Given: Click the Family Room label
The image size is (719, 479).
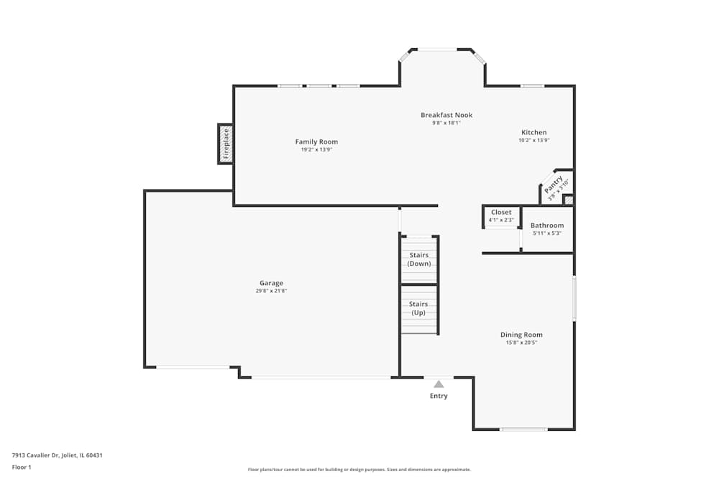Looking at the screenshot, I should coord(316,141).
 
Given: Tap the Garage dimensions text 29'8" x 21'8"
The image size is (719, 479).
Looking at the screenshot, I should coord(271,291).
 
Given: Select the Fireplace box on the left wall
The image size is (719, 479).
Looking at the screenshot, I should coord(225,144).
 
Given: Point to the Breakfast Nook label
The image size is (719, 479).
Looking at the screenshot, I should coord(446,115).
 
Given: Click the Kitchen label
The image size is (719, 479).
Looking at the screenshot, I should coord(533,132).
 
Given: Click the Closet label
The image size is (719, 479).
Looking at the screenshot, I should coord(501,212).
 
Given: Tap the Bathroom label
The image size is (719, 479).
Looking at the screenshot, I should coord(547,225).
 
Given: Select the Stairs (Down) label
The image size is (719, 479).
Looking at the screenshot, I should coord(419,259).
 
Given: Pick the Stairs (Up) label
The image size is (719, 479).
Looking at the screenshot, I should coord(419,308).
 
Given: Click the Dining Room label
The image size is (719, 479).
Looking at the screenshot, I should coord(521,335).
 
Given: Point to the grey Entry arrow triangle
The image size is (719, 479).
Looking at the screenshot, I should coord(439,384).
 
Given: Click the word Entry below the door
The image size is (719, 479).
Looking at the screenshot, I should coord(439,396).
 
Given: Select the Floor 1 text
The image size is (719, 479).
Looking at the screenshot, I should coord(22,467).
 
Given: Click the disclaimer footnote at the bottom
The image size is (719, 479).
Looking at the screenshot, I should coord(359,470).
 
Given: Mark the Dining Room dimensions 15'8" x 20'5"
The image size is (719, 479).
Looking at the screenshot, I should coord(521,343).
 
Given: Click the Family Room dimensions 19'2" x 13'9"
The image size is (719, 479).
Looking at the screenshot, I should coord(316,149).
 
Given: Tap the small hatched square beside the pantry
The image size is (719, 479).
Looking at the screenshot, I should coord(568,200).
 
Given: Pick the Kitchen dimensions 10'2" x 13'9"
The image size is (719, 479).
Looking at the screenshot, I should coord(533,140).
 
